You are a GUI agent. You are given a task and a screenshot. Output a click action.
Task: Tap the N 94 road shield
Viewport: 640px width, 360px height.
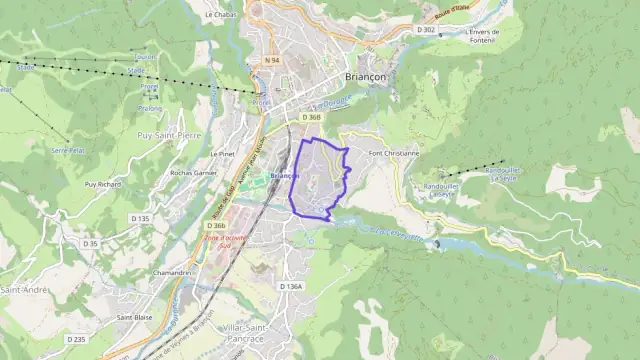[273, 60]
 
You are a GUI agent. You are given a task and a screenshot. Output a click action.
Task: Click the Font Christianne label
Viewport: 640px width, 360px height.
[394, 153]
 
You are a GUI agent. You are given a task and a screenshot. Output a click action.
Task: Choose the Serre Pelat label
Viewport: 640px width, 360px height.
[67, 150]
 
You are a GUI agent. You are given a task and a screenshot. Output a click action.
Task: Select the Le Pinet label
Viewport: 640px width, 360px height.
[221, 155]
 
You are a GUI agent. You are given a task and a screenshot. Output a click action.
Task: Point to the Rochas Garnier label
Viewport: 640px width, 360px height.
[194, 172]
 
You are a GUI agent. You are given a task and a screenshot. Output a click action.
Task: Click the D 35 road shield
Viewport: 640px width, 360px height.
[91, 243]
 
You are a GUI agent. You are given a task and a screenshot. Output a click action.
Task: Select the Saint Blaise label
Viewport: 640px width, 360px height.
[134, 317]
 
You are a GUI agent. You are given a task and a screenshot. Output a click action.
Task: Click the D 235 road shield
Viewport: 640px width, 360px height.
[76, 340]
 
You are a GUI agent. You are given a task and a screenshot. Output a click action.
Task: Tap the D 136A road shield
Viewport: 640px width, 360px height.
[290, 286]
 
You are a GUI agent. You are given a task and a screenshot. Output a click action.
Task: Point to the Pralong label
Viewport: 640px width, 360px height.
[150, 108]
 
